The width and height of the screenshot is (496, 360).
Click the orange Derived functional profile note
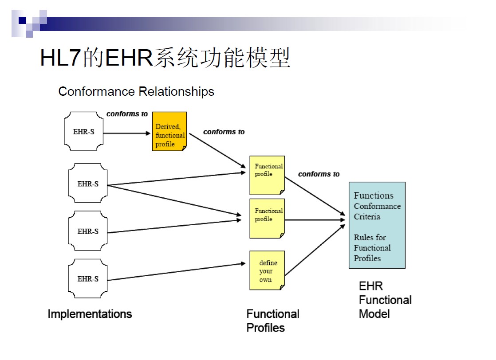pos(169,131)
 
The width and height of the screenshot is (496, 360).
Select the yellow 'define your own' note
pos(267,270)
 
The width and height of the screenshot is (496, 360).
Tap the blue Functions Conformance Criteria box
pos(377,225)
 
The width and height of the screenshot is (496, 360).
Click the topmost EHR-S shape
pos(83,132)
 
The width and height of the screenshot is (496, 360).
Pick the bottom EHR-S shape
pos(88,279)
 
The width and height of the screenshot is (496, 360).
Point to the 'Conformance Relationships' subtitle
pos(136,92)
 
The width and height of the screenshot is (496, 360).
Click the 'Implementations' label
pos(90,314)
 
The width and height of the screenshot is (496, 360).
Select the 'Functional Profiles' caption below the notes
pos(272,321)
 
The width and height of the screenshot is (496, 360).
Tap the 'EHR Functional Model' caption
pos(385,300)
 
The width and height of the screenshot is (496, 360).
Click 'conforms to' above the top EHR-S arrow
pos(127,114)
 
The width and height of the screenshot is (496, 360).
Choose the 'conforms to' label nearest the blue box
pos(319,174)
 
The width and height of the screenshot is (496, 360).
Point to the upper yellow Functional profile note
pos(267,175)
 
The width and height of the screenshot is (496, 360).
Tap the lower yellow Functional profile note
pos(267,219)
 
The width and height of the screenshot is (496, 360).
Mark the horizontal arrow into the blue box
pos(315,220)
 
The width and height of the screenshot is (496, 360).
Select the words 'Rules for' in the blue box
pos(370,237)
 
